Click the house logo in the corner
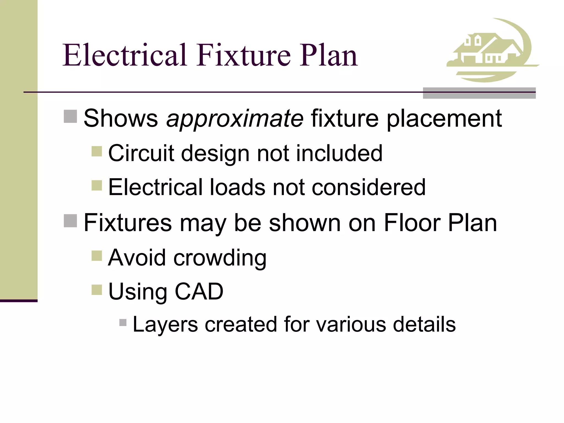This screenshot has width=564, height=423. tap(492, 51)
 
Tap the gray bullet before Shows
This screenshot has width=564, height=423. tap(70, 116)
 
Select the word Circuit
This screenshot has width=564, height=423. tap(141, 153)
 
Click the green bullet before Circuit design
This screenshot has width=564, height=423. tap(97, 151)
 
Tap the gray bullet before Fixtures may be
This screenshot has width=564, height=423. tap(70, 221)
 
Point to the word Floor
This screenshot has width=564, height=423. tap(411, 223)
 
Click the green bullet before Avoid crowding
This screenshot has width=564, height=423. tap(97, 255)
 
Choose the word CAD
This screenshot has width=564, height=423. tap(199, 291)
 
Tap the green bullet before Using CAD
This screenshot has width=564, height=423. tap(97, 290)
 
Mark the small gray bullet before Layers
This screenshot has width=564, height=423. tap(123, 322)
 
